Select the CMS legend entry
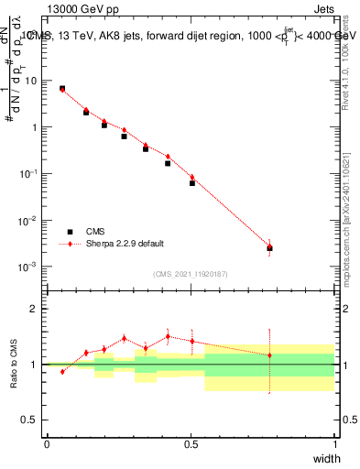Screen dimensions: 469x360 [95, 232]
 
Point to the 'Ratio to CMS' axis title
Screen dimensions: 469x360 [16, 364]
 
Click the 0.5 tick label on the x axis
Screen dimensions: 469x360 [191, 443]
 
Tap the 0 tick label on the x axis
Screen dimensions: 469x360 [47, 443]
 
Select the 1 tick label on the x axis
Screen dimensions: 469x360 [335, 443]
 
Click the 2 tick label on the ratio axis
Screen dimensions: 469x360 [32, 309]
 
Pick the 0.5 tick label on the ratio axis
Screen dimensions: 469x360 [28, 420]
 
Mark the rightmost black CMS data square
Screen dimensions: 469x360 [269, 248]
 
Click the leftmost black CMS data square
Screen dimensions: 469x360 [62, 89]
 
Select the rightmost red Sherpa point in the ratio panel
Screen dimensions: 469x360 [269, 355]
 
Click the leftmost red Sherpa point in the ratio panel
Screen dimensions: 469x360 [62, 372]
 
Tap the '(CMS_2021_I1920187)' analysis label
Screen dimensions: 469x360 [191, 274]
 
